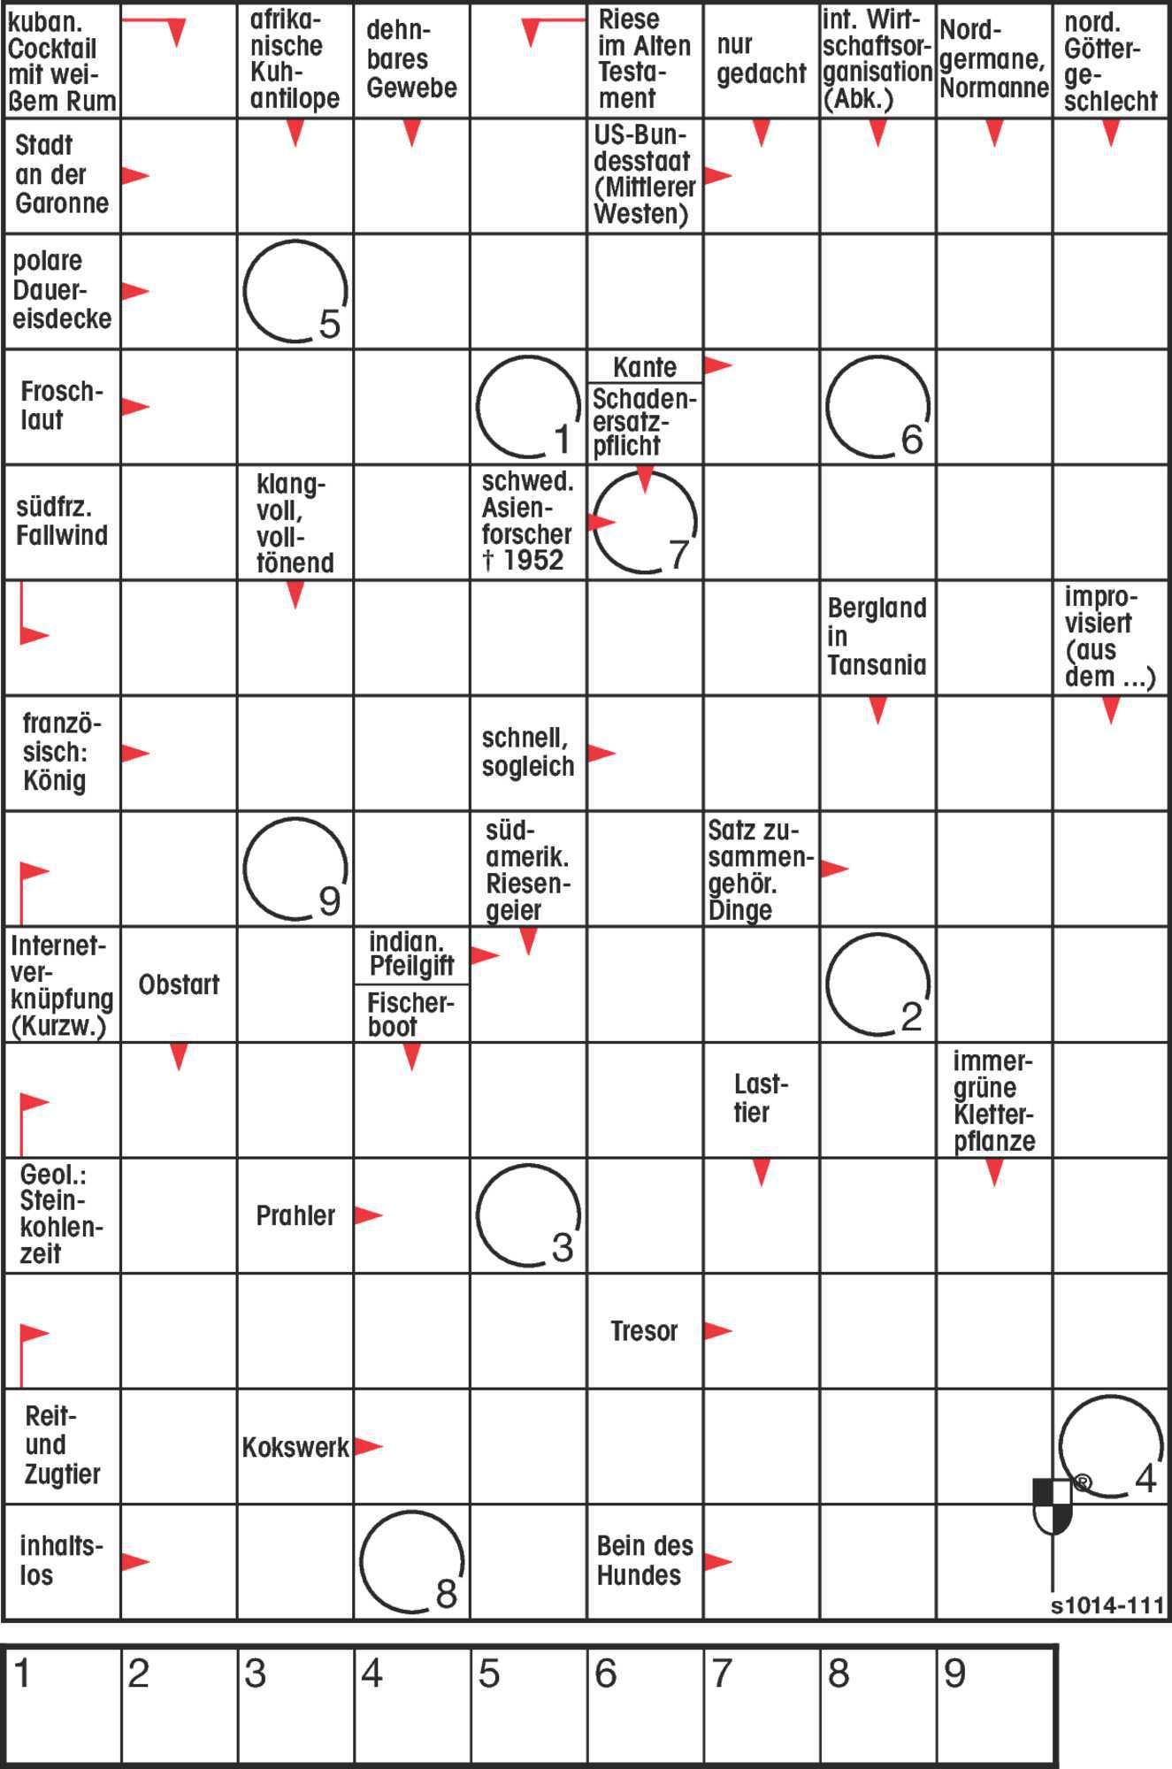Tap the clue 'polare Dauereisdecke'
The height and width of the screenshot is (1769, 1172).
(x=61, y=290)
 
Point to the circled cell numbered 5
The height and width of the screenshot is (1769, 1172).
(x=295, y=291)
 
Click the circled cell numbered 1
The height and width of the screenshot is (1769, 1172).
(x=528, y=407)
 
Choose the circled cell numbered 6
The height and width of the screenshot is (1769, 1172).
(x=877, y=407)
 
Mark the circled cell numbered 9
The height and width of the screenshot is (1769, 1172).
(x=295, y=868)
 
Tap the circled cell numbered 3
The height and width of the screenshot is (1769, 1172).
(x=528, y=1214)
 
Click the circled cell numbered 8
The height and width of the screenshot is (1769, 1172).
(x=412, y=1561)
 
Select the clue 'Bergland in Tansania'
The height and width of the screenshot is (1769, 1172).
(x=877, y=637)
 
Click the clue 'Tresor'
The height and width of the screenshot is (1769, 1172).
(x=644, y=1330)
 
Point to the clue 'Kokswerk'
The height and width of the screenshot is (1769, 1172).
(x=295, y=1447)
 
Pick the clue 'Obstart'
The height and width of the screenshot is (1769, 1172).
(x=179, y=984)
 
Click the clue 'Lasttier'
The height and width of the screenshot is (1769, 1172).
(x=760, y=1099)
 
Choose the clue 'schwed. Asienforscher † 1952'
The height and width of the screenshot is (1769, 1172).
(x=527, y=522)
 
